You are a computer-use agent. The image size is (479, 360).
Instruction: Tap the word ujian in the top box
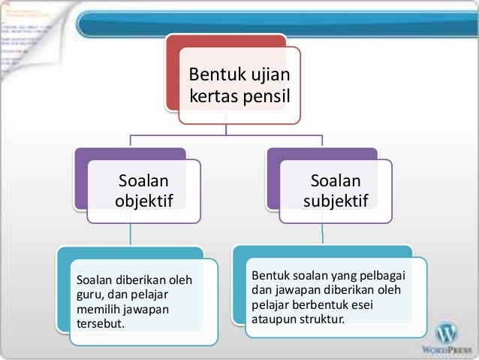tap(271, 76)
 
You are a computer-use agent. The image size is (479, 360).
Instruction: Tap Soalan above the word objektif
tap(143, 180)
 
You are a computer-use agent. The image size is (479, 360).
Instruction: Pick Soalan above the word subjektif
tap(336, 180)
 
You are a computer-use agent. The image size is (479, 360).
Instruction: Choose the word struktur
tap(321, 319)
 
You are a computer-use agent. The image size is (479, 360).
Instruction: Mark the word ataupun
tap(273, 319)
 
